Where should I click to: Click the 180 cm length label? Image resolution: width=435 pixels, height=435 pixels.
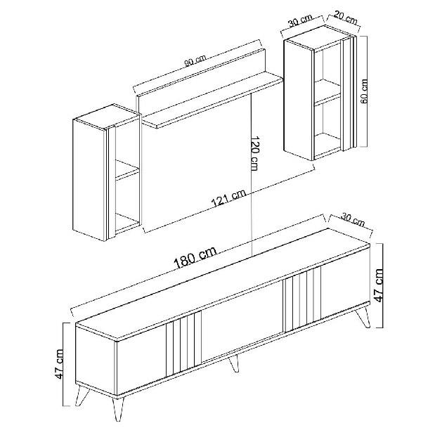click(195, 257)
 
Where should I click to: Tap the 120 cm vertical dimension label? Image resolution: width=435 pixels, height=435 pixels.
click(254, 153)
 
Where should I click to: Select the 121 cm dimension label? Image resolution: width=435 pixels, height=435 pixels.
click(229, 197)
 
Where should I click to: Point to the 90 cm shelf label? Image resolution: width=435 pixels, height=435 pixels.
click(195, 62)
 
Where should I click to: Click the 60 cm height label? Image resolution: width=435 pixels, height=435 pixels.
click(364, 91)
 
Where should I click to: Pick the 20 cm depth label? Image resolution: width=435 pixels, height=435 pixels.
click(345, 17)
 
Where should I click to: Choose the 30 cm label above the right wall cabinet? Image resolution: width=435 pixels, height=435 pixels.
click(301, 20)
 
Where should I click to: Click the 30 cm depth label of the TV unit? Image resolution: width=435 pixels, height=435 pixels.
click(353, 219)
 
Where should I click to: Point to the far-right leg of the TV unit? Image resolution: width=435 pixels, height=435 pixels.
click(363, 316)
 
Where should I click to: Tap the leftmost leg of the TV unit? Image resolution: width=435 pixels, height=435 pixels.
click(82, 395)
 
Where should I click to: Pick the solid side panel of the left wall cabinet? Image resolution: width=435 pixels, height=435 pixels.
click(90, 180)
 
